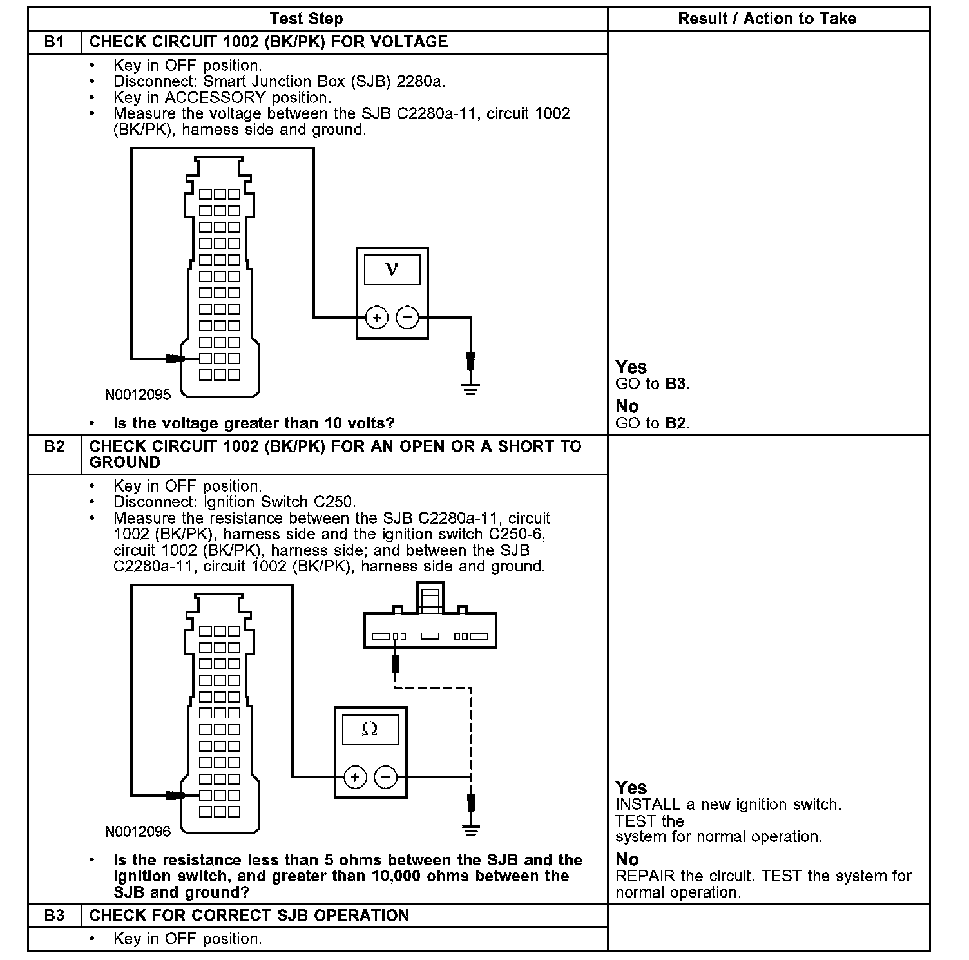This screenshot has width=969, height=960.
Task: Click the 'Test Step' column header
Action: click(306, 19)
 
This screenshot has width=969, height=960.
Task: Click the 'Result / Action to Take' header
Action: click(767, 19)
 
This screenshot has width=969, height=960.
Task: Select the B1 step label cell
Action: click(54, 42)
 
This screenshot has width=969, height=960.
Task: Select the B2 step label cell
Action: click(54, 446)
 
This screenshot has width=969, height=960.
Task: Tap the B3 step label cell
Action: click(54, 916)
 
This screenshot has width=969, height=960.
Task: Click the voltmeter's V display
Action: click(392, 269)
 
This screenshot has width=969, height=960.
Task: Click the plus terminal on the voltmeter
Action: click(376, 317)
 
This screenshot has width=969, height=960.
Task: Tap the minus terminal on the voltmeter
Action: click(407, 317)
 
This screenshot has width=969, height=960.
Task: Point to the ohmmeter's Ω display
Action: click(370, 729)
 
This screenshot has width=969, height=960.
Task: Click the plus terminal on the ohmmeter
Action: click(355, 777)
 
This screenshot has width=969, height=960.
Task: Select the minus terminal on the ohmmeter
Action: click(385, 777)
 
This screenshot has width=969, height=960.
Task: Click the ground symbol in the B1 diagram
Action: click(471, 387)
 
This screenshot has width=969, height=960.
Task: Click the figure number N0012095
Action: click(138, 395)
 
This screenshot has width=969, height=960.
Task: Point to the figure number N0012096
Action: click(138, 832)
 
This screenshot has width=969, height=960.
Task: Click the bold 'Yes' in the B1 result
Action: click(631, 367)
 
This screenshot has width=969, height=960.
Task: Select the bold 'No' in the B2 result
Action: click(627, 859)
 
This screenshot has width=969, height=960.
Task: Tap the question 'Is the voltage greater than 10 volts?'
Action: click(254, 423)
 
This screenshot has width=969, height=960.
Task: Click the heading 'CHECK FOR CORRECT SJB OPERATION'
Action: click(249, 916)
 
